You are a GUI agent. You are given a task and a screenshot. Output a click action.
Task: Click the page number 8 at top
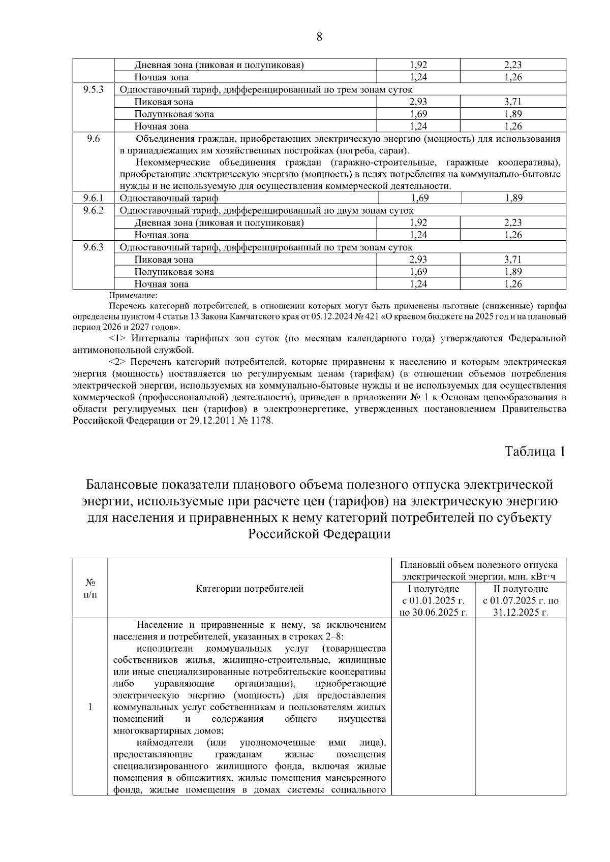[x=319, y=37]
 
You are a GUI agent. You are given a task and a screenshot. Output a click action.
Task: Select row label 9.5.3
[x=94, y=89]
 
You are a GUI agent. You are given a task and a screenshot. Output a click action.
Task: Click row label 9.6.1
[x=94, y=198]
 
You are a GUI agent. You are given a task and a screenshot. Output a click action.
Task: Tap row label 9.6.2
[x=94, y=210]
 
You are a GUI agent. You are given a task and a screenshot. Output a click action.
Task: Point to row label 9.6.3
[x=94, y=247]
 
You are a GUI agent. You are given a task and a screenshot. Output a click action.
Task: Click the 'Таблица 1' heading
[x=535, y=451]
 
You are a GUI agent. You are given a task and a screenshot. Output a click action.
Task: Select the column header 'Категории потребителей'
[x=250, y=589]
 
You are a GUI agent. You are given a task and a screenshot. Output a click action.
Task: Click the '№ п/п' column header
[x=90, y=589]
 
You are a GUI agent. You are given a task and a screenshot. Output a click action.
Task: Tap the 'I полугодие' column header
[x=434, y=589]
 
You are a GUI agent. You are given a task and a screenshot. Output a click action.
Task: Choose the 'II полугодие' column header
[x=521, y=589]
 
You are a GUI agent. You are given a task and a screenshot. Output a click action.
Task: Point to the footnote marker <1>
[x=118, y=339]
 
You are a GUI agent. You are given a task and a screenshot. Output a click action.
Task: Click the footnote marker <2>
[x=118, y=362]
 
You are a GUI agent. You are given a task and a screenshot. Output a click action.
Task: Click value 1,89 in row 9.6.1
[x=513, y=198]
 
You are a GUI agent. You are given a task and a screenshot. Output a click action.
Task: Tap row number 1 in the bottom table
[x=90, y=707]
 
